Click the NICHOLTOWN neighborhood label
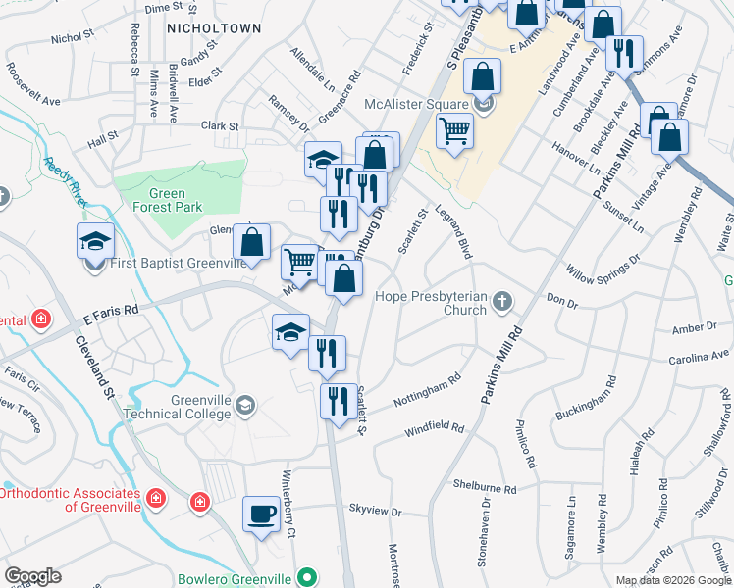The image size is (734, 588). click(214, 28)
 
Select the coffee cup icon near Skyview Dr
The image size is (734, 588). click(261, 514)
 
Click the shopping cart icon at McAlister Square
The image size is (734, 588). click(454, 129)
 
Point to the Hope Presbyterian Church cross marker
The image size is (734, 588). click(502, 301)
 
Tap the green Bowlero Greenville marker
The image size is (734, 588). click(308, 577)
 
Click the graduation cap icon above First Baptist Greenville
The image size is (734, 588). click(96, 241)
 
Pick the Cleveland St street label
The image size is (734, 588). click(93, 367)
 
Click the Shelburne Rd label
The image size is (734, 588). click(484, 486)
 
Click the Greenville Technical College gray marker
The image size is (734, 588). click(244, 404)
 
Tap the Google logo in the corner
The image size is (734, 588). click(32, 576)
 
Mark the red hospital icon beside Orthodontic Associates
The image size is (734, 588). click(155, 500)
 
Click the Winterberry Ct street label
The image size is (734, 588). click(289, 504)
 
